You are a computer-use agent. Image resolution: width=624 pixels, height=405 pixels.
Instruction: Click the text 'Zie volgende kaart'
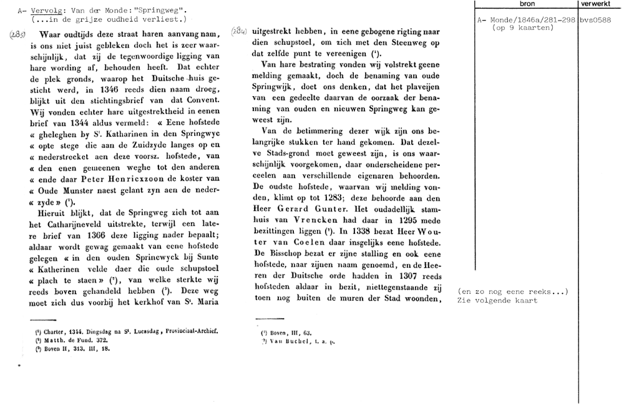pyautogui.click(x=497, y=300)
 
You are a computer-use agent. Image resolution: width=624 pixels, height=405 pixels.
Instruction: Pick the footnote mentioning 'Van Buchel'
pyautogui.click(x=298, y=342)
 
